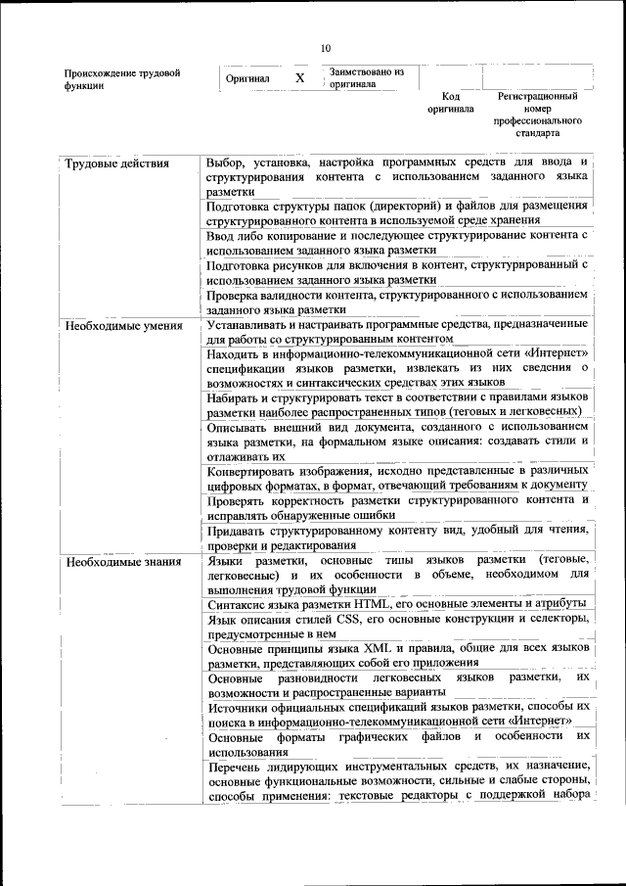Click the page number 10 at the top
[x=326, y=48]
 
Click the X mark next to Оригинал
[x=300, y=77]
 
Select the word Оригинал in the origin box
[x=247, y=78]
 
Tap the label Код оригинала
[x=450, y=103]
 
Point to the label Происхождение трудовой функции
[x=121, y=78]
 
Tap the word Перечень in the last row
[x=236, y=765]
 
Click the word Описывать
[x=240, y=427]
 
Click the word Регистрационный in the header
[x=538, y=97]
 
